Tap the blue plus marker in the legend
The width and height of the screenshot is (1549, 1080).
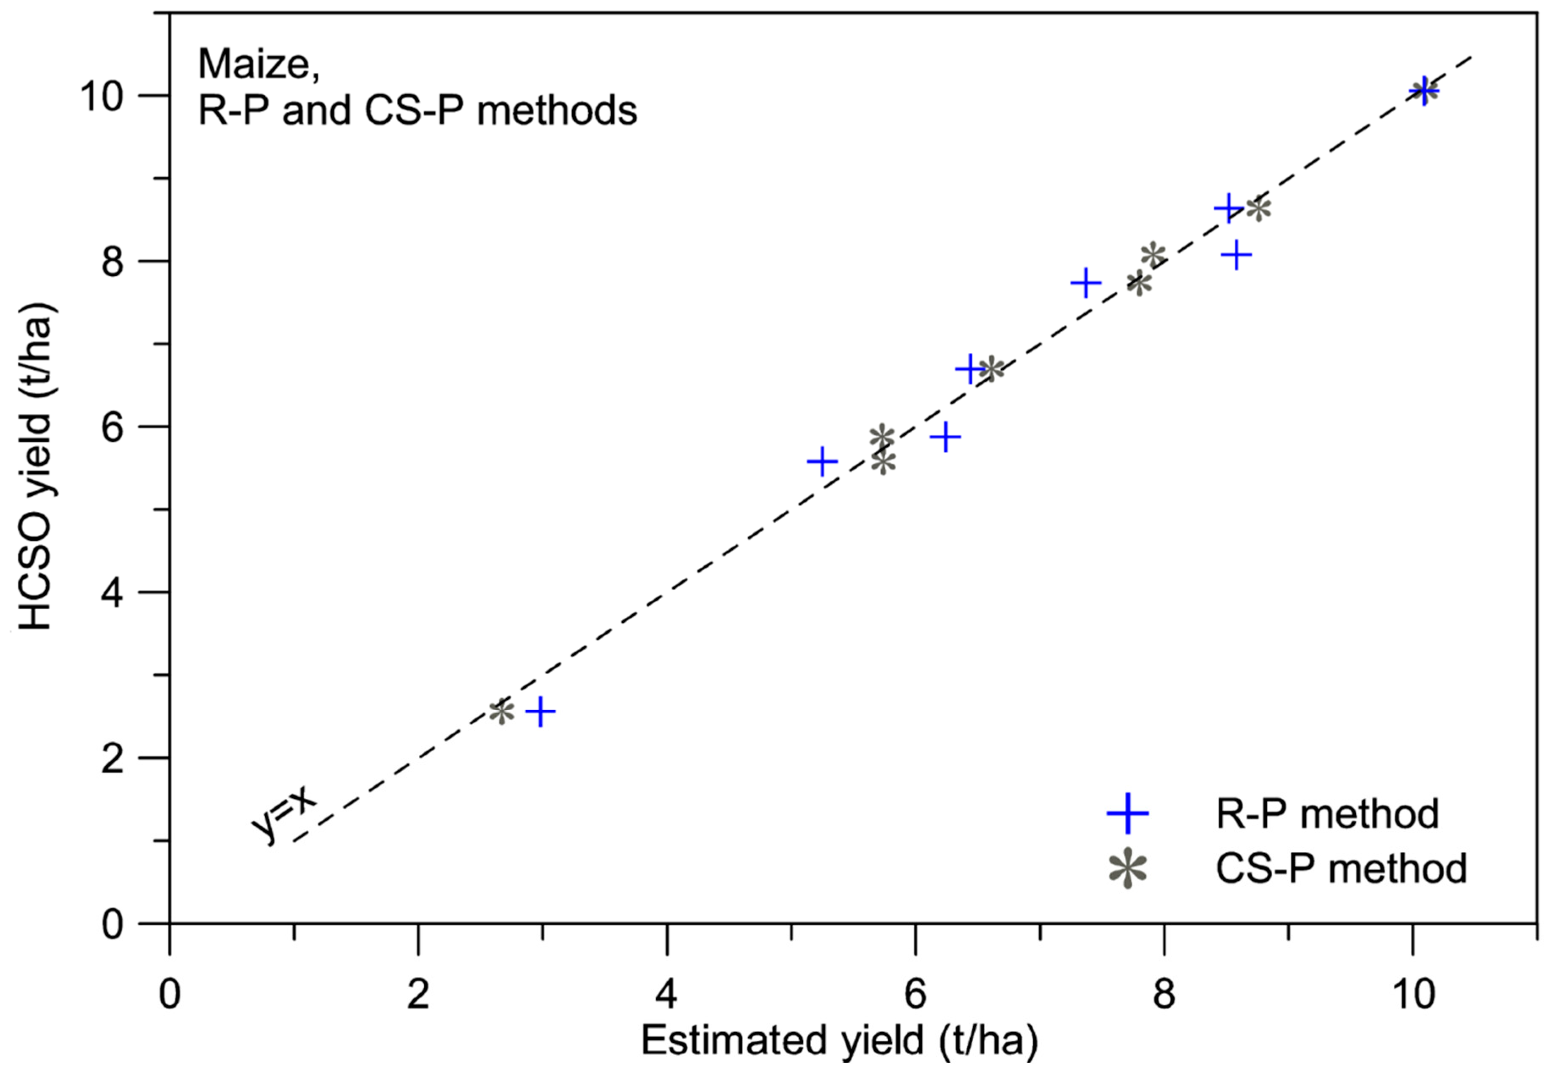point(1127,813)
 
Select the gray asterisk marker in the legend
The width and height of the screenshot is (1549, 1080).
point(1127,869)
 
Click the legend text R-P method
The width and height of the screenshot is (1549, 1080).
point(1327,813)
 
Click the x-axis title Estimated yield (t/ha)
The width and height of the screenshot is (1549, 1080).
point(839,1040)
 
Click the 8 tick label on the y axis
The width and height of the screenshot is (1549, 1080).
point(112,262)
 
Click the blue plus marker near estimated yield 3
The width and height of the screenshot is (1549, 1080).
point(541,711)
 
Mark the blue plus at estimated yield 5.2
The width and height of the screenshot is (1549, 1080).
point(822,462)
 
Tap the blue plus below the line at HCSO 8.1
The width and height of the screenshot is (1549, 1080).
point(1236,255)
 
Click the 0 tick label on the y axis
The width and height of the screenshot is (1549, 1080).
point(112,925)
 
